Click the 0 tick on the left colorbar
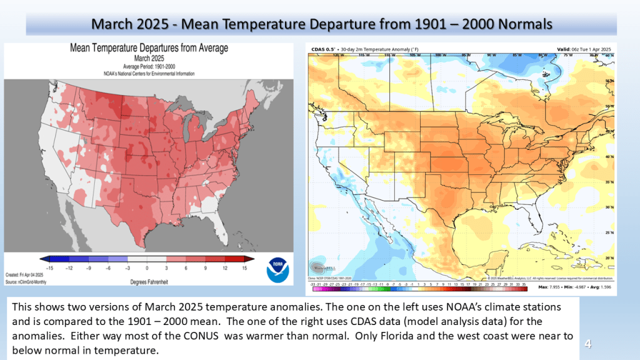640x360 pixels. point(147,267)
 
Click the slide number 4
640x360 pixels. point(587,342)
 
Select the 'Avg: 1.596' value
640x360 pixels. point(601,287)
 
